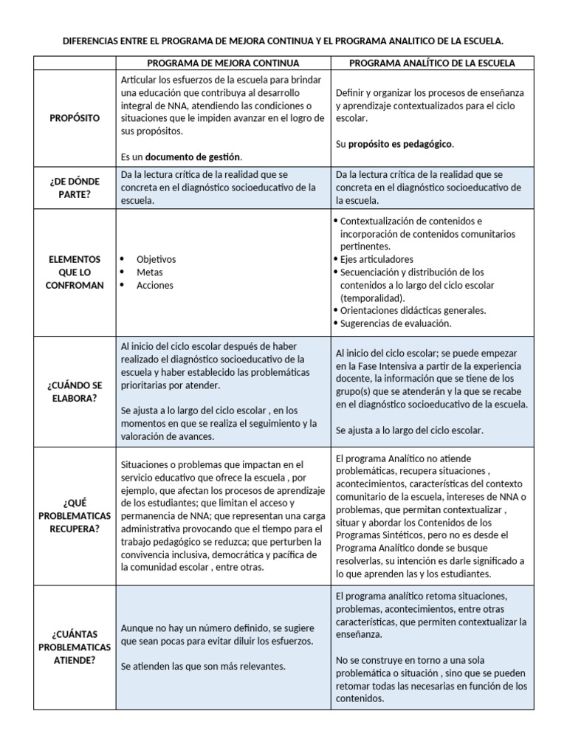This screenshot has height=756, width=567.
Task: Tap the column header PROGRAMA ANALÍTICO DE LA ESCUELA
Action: [432, 63]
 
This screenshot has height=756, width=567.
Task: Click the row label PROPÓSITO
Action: [74, 118]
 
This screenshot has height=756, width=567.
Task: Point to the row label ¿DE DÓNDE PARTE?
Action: [74, 188]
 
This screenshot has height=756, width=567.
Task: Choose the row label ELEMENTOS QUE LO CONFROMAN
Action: [74, 272]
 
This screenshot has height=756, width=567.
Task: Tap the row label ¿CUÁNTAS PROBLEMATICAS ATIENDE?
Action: [74, 647]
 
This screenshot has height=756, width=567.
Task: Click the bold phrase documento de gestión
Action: [193, 157]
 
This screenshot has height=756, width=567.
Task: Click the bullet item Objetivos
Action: [156, 259]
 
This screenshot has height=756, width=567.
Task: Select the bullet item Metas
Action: [150, 272]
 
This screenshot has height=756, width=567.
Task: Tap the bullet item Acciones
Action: [155, 286]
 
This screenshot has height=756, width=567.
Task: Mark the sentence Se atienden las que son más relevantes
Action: [203, 666]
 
